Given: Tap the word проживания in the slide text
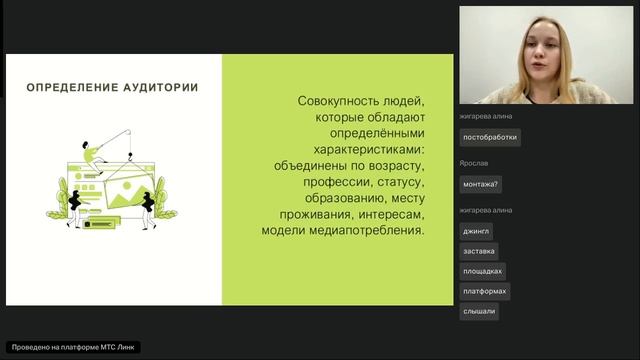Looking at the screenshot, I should (x=305, y=214).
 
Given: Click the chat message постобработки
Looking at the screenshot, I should (x=490, y=138).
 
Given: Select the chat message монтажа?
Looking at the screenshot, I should (x=481, y=184).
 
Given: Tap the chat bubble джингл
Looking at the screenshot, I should (x=476, y=231).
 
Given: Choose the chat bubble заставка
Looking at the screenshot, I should (x=479, y=251).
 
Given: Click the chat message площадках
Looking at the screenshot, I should (x=483, y=271).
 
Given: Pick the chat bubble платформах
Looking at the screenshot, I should (x=485, y=291).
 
